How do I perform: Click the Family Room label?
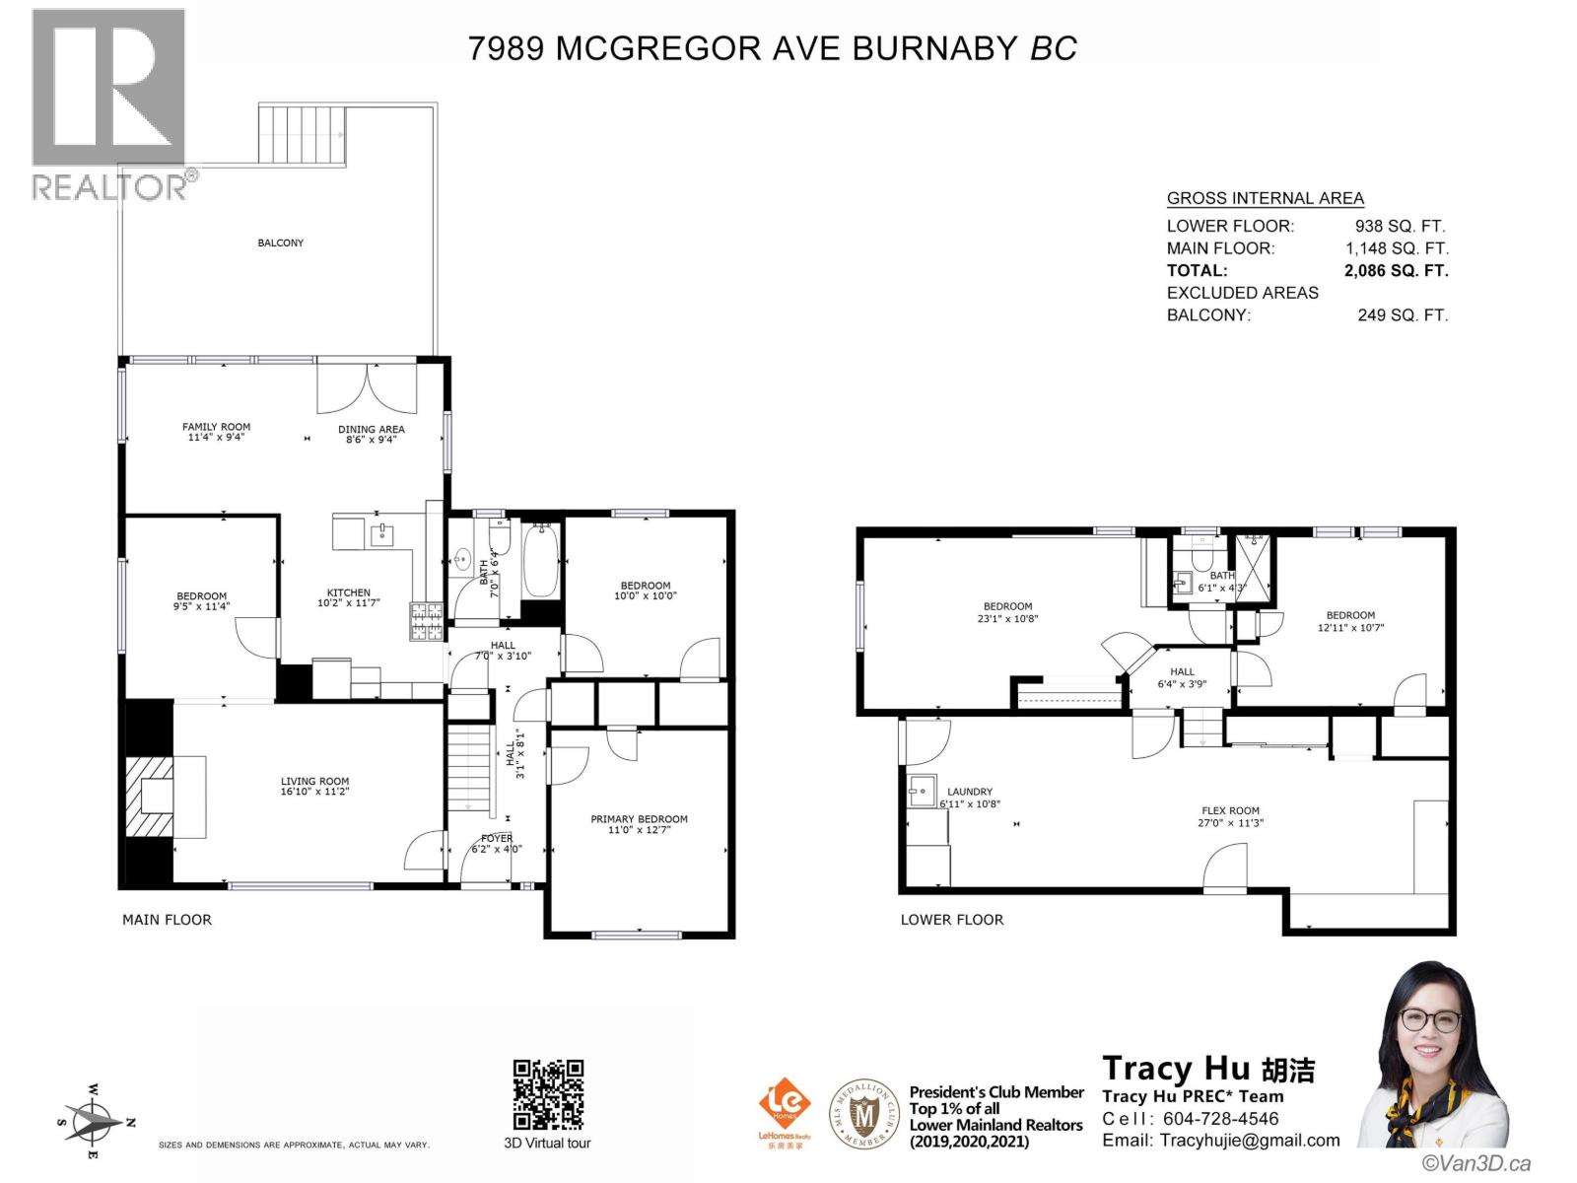(216, 427)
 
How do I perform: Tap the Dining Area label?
(371, 429)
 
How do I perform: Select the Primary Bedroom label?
(639, 818)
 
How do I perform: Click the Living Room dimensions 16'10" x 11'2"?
(314, 792)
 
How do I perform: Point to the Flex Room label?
(1230, 810)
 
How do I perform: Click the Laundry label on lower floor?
(970, 791)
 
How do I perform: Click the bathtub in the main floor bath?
(540, 562)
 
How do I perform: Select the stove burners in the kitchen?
(427, 621)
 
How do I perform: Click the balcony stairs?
(303, 134)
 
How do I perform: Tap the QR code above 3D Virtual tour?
(548, 1094)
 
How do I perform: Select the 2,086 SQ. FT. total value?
(1396, 270)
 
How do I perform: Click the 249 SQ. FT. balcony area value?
(1403, 315)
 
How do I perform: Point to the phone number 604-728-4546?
(1220, 1119)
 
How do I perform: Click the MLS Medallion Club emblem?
(864, 1114)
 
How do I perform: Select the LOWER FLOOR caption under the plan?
(951, 919)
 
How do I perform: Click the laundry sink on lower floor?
(923, 790)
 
